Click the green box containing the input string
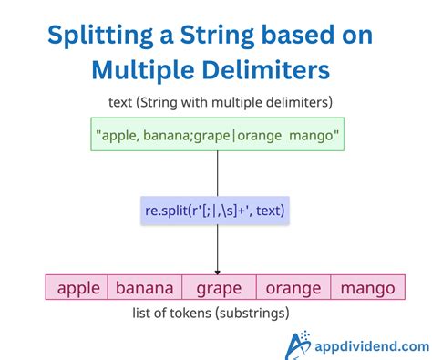click(216, 134)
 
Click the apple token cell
click(77, 288)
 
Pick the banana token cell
click(145, 288)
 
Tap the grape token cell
click(219, 288)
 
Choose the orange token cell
click(293, 288)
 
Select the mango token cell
click(367, 288)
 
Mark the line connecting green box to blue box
click(217, 171)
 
